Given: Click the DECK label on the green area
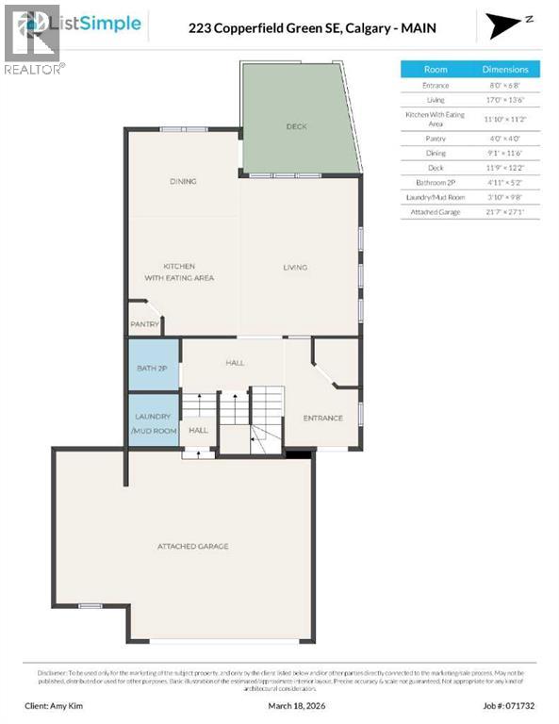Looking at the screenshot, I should pos(296,126).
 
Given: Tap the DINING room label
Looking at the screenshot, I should pos(183,181).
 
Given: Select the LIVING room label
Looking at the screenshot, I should pos(295,268).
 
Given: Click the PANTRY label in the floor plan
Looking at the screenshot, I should pos(143,324).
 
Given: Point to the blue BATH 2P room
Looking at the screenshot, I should pos(152,368).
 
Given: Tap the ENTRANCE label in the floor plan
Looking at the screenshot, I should pos(322,418).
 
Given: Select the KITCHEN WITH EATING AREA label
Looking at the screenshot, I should pos(179,271).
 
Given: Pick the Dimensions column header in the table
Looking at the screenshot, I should pos(505,69).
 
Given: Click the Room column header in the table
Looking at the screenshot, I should pos(436,69).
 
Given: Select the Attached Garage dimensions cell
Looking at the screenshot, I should pos(505,212).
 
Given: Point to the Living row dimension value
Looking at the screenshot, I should pos(505,100).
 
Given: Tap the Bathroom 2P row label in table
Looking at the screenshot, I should pos(436,180).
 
